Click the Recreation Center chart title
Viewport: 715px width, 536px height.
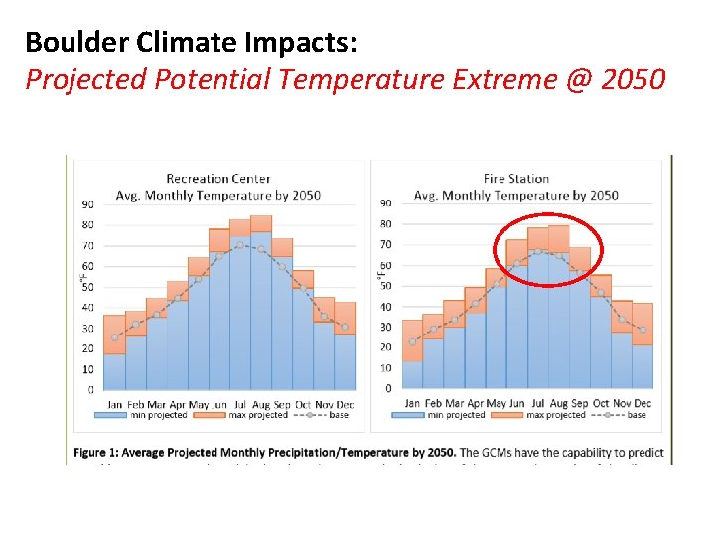[217, 179]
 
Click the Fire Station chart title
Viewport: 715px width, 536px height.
[515, 179]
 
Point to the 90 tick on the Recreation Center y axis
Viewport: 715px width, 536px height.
[88, 204]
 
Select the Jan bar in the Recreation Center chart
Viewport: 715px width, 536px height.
[115, 367]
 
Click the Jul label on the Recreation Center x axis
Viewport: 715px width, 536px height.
[240, 405]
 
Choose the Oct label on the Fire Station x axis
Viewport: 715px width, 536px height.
[601, 403]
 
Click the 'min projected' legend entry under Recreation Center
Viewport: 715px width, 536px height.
[155, 415]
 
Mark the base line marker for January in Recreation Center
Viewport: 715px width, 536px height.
[115, 337]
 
